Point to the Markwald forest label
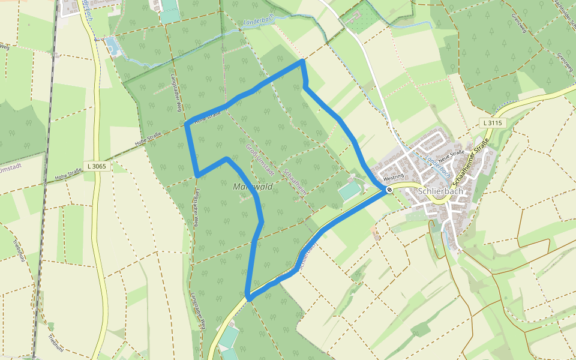point(253,187)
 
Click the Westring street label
point(393,178)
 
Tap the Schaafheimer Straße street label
point(472,161)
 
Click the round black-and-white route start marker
point(389,190)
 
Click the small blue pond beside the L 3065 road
point(112,46)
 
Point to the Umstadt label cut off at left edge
point(11,169)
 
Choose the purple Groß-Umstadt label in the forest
point(259,159)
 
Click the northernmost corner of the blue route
point(303,61)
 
